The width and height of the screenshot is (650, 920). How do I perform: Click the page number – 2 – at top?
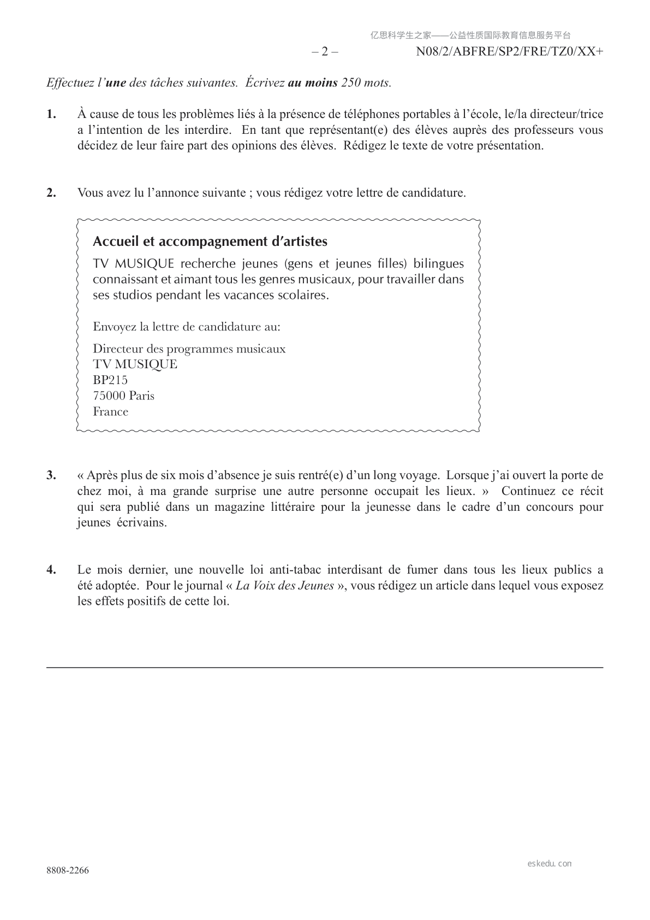(x=325, y=52)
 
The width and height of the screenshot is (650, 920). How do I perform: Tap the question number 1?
(x=51, y=114)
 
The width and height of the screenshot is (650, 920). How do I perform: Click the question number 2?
(x=51, y=193)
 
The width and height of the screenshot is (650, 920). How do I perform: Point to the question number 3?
(x=51, y=475)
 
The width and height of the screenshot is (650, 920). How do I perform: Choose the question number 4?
(x=51, y=570)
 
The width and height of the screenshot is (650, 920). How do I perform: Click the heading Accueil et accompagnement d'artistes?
(x=210, y=241)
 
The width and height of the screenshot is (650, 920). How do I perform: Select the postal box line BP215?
(x=110, y=380)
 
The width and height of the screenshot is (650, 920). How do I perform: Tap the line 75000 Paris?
(x=124, y=396)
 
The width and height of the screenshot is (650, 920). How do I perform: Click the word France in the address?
(x=111, y=411)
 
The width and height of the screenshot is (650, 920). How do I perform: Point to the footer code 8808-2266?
(x=68, y=871)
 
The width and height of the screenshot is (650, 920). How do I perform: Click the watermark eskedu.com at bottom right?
(x=550, y=864)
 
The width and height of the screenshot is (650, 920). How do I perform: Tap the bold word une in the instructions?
(x=115, y=83)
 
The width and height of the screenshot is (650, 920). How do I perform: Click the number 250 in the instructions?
(x=350, y=83)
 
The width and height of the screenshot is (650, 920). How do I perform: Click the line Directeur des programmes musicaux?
(x=189, y=349)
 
